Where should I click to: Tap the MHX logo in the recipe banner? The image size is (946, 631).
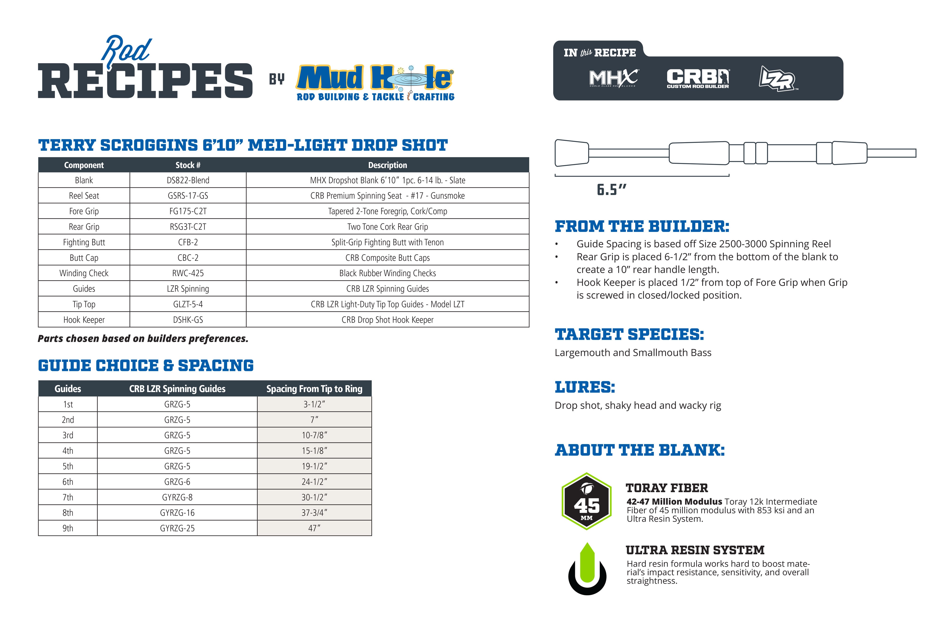tap(613, 78)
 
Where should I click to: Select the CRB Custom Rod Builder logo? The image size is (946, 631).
tap(698, 78)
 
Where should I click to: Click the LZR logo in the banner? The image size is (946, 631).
tap(777, 79)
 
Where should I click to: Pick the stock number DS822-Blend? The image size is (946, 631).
tap(188, 180)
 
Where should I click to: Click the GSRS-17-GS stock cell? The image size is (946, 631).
tap(188, 196)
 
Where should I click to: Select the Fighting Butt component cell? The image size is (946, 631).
tap(84, 242)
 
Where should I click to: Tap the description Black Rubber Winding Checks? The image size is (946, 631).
tap(387, 273)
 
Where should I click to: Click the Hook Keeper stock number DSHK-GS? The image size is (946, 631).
tap(188, 320)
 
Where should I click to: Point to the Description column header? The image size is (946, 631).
tap(387, 165)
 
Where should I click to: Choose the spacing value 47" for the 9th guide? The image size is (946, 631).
tap(314, 528)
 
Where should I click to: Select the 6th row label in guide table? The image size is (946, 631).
tap(68, 482)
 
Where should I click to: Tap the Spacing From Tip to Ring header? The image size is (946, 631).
tap(314, 389)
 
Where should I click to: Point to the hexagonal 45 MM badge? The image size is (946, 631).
tap(587, 501)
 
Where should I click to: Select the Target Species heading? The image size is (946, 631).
tap(629, 334)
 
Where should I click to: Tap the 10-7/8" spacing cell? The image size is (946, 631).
tap(314, 435)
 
